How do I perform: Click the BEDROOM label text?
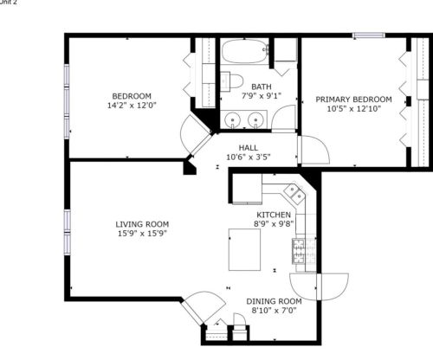click(132, 95)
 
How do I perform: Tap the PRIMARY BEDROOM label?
click(353, 100)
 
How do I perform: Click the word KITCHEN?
click(274, 215)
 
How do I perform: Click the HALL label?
click(249, 148)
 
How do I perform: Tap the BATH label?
click(261, 87)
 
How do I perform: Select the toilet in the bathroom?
click(231, 81)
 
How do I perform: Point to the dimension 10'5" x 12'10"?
click(353, 110)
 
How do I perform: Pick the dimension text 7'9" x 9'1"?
click(261, 97)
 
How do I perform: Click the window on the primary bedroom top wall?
click(368, 35)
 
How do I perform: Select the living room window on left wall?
click(66, 228)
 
